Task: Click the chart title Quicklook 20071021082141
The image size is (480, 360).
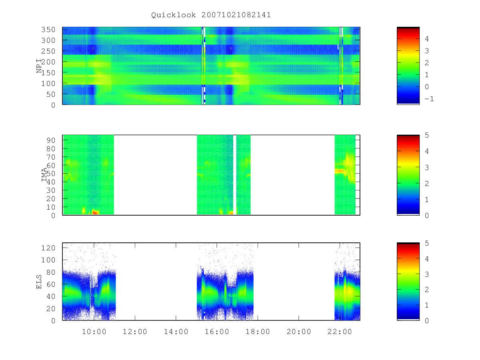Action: click(x=211, y=15)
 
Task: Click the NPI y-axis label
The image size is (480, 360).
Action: click(x=39, y=66)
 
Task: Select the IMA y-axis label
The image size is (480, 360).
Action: click(x=44, y=174)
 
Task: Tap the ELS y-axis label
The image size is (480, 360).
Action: click(x=39, y=282)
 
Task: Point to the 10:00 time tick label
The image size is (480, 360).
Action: click(x=94, y=332)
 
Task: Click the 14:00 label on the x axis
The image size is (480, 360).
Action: click(x=176, y=332)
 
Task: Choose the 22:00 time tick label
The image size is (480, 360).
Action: click(x=340, y=332)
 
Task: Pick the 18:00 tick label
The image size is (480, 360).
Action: click(x=258, y=332)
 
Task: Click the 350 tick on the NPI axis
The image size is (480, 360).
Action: click(x=48, y=30)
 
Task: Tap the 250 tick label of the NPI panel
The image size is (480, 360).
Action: click(x=48, y=51)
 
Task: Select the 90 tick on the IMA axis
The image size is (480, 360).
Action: click(x=51, y=140)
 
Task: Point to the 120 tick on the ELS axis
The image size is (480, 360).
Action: click(x=48, y=248)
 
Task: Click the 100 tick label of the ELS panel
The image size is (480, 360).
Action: click(x=48, y=260)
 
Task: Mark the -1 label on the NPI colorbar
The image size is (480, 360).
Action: click(x=429, y=99)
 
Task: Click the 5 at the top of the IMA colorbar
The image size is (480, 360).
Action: click(x=427, y=135)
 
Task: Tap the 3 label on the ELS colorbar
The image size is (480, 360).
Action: click(x=427, y=274)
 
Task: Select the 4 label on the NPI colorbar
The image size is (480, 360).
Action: click(x=427, y=39)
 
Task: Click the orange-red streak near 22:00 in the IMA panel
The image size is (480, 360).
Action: click(x=339, y=171)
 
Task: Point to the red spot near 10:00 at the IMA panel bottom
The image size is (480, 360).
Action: click(x=95, y=212)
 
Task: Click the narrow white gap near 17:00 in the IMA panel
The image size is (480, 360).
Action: click(x=235, y=175)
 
